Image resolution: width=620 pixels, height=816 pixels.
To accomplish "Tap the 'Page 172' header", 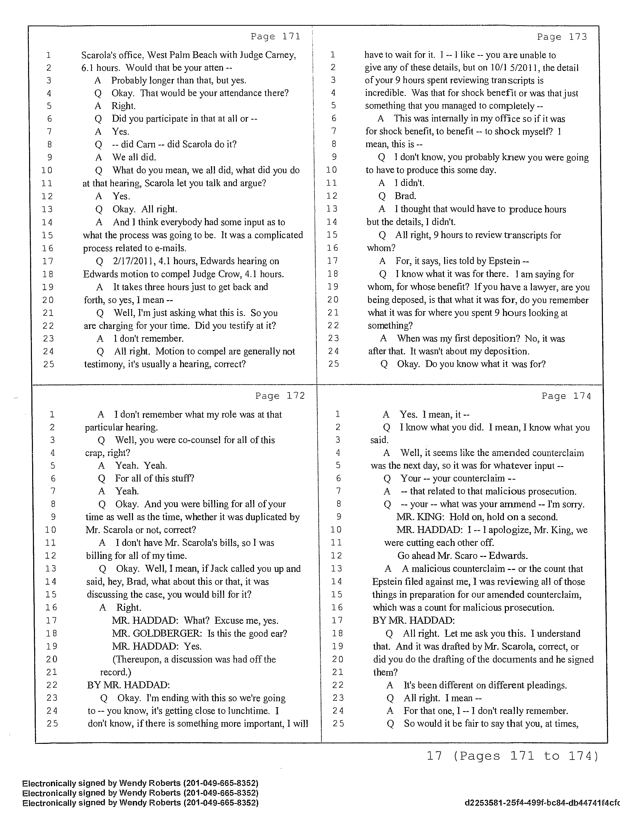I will point(280,396).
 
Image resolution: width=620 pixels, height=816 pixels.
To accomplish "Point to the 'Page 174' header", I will point(566,396).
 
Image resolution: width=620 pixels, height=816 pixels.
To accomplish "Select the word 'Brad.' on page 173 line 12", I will point(405,196).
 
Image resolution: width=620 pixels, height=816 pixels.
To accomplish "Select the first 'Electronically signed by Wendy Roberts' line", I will point(140,783).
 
